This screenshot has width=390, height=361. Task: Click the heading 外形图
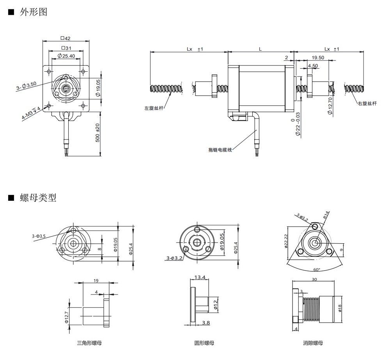(x=33, y=12)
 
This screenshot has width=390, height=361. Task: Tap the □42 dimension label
(x=66, y=38)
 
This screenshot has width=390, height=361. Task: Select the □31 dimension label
(x=66, y=48)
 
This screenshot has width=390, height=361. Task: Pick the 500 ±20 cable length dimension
(x=97, y=133)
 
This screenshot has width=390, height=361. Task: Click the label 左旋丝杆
(x=153, y=108)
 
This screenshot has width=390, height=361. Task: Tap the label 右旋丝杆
(x=367, y=103)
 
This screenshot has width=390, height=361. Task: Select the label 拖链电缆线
(x=220, y=150)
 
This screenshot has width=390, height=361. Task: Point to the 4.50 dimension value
(x=313, y=66)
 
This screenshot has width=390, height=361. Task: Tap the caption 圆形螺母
(x=204, y=343)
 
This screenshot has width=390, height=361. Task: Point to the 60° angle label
(x=317, y=269)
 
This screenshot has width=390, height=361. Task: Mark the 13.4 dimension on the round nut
(x=200, y=277)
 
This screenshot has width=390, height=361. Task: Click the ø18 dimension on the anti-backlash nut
(x=340, y=308)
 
